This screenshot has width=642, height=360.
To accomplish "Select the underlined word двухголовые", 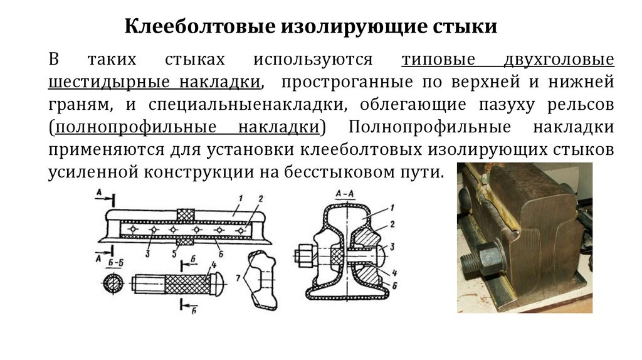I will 558,61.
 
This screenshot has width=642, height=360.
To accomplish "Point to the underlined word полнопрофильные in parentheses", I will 135,127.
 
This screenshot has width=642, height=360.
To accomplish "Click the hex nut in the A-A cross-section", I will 302,256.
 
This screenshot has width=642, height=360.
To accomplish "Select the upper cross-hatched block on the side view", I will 187,214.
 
